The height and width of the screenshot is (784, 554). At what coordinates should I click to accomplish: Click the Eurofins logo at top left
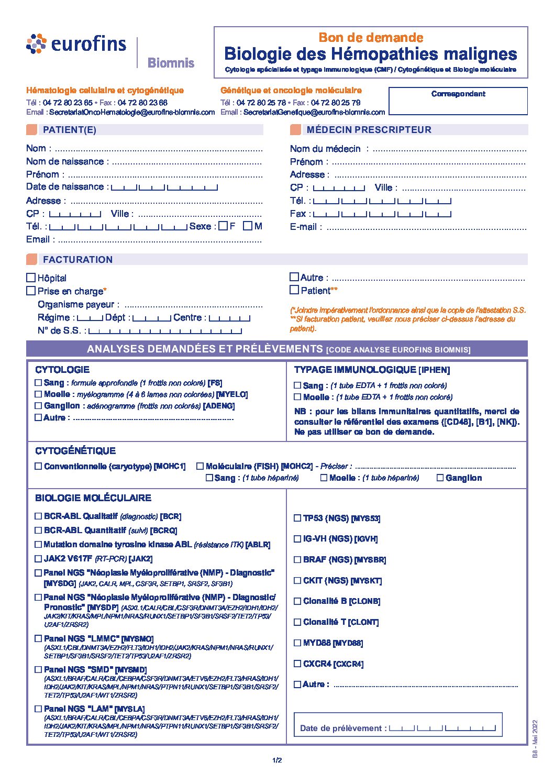point(76,45)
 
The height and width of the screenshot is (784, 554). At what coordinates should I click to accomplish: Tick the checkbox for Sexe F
point(224,226)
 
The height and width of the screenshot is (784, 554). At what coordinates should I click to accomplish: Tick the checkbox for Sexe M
point(248,226)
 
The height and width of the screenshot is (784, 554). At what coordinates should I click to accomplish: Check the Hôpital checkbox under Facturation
point(31,278)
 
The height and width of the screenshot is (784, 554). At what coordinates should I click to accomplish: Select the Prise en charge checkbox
point(31,291)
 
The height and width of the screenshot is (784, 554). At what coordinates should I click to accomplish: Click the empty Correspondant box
point(458,105)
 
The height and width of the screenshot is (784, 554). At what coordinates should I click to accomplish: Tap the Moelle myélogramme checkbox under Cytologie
point(38,394)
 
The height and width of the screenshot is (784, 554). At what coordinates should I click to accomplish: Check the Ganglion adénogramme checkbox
point(38,406)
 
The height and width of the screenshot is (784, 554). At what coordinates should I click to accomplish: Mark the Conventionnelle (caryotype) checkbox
point(38,466)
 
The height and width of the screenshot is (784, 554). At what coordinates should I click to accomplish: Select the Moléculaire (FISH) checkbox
point(200,466)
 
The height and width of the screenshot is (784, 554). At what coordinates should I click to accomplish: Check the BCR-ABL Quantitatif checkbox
point(38,530)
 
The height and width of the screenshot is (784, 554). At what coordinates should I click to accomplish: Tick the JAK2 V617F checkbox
point(38,559)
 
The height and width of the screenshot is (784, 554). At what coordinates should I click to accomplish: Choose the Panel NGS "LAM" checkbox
point(38,709)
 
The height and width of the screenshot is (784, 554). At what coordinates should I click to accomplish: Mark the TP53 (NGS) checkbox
point(297,518)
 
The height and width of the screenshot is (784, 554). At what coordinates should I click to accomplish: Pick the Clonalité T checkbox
point(297,622)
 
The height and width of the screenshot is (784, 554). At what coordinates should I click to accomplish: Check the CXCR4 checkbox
point(297,664)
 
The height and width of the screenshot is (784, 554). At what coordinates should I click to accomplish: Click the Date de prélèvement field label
point(343,728)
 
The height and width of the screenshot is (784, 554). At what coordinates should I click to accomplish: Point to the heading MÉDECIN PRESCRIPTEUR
point(369,130)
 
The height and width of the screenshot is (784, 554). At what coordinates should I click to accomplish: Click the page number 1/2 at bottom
point(277,760)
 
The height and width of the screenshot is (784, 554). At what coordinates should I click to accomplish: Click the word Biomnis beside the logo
point(171,63)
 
